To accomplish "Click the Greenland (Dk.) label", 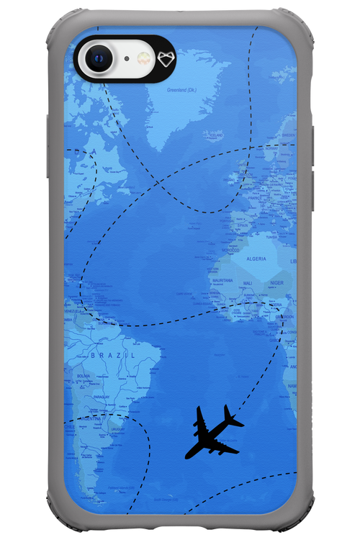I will tap(181, 90).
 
